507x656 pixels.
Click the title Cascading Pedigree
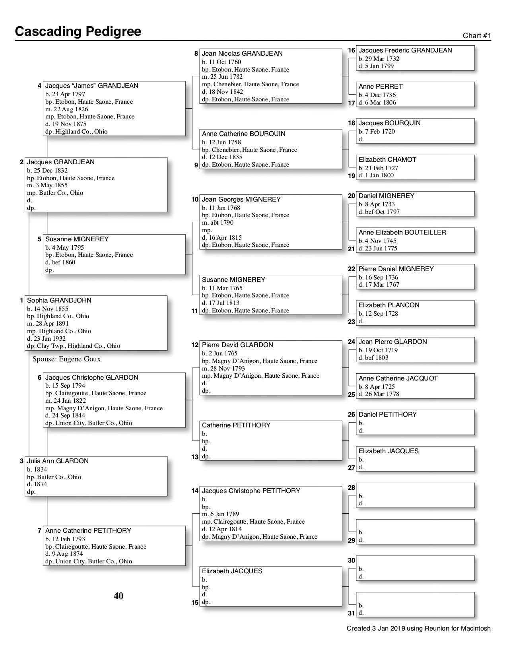pyautogui.click(x=78, y=31)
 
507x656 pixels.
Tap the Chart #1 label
pyautogui.click(x=477, y=36)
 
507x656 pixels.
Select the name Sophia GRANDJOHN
pyautogui.click(x=59, y=301)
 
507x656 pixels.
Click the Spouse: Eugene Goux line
pyautogui.click(x=66, y=359)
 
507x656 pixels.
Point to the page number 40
pyautogui.click(x=118, y=596)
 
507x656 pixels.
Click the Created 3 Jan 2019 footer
pyautogui.click(x=418, y=629)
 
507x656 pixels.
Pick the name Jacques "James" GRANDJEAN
pyautogui.click(x=91, y=86)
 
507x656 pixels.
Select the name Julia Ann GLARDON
pyautogui.click(x=58, y=461)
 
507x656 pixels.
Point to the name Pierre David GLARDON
pyautogui.click(x=237, y=345)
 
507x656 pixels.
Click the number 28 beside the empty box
pyautogui.click(x=352, y=488)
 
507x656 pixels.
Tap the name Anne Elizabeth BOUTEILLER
pyautogui.click(x=402, y=233)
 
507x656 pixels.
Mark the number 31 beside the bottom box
pyautogui.click(x=352, y=613)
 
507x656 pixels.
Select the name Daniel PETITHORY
pyautogui.click(x=387, y=415)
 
